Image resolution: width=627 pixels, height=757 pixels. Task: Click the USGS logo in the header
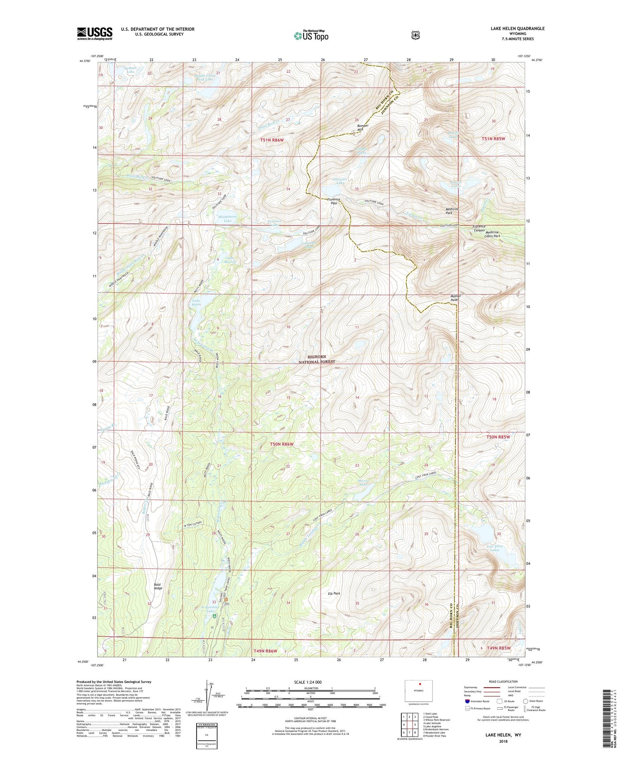click(x=95, y=33)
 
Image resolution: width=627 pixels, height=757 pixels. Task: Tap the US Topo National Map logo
click(x=311, y=35)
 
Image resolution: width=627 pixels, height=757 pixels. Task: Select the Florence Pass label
click(x=333, y=201)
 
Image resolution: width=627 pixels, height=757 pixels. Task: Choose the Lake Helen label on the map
click(x=197, y=303)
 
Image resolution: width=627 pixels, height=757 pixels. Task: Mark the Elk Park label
click(x=334, y=594)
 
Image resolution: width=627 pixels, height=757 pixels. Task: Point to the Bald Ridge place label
click(x=158, y=586)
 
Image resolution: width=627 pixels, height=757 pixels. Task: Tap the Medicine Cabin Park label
click(x=492, y=234)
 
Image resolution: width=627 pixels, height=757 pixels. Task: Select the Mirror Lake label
click(x=363, y=483)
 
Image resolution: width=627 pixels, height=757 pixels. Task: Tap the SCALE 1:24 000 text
click(x=308, y=682)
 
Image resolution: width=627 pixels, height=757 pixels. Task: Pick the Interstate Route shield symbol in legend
click(x=467, y=701)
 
